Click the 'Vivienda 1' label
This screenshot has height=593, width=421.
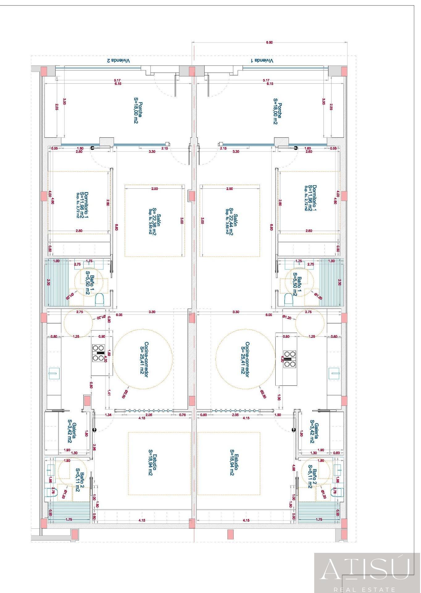pos(262,61)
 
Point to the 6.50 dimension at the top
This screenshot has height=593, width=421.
pos(269,43)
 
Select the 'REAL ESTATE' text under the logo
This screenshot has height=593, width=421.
pos(367,589)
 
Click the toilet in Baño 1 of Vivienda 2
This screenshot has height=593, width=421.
pos(99,299)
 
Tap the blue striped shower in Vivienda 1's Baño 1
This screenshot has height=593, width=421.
pos(331,282)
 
